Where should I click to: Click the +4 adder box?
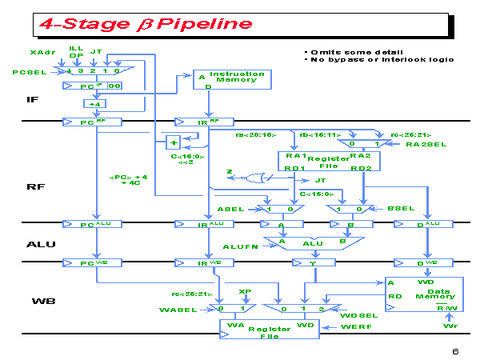coord(95,103)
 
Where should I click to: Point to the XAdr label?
coord(42,52)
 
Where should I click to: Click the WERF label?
coord(357,327)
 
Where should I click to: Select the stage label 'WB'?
coord(42,302)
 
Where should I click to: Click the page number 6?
coord(454,351)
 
